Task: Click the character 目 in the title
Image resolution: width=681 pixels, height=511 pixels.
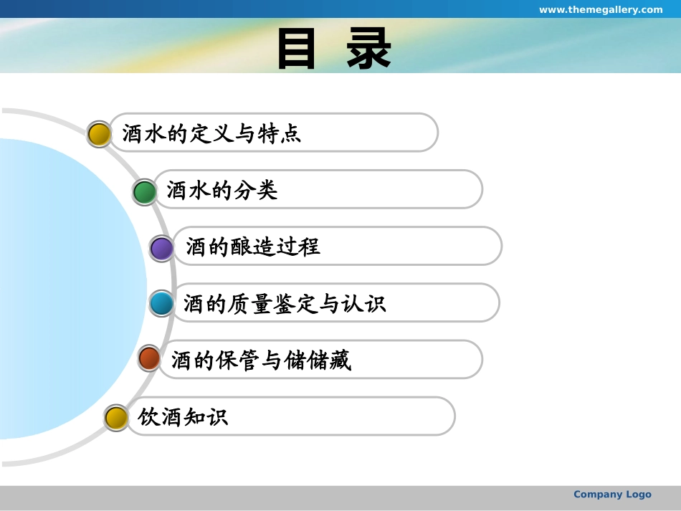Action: click(297, 49)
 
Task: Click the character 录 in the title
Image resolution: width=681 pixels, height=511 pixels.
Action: click(369, 49)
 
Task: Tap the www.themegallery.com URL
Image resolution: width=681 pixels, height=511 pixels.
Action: click(601, 9)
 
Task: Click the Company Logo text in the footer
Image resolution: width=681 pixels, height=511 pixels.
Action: click(612, 495)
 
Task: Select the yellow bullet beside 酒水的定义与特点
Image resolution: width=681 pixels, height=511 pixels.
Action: click(99, 134)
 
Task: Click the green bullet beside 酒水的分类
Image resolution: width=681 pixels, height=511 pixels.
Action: click(145, 192)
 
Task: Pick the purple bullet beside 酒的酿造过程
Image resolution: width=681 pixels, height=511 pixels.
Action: click(162, 249)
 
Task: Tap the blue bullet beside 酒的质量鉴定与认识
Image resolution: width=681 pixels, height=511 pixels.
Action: click(162, 304)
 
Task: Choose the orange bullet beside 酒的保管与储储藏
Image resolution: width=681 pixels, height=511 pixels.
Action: click(149, 358)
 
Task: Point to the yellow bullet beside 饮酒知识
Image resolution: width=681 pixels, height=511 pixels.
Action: click(116, 418)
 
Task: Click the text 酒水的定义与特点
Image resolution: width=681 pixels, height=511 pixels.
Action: click(211, 134)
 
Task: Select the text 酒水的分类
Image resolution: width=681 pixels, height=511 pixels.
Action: click(222, 191)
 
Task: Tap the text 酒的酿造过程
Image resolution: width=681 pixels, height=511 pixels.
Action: click(253, 247)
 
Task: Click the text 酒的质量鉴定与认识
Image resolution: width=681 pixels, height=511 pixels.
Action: click(285, 304)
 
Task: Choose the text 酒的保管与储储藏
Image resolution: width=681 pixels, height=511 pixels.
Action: click(261, 360)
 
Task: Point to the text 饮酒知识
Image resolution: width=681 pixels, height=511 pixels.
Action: click(183, 417)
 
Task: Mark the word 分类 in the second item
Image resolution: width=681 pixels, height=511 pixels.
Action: click(256, 191)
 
